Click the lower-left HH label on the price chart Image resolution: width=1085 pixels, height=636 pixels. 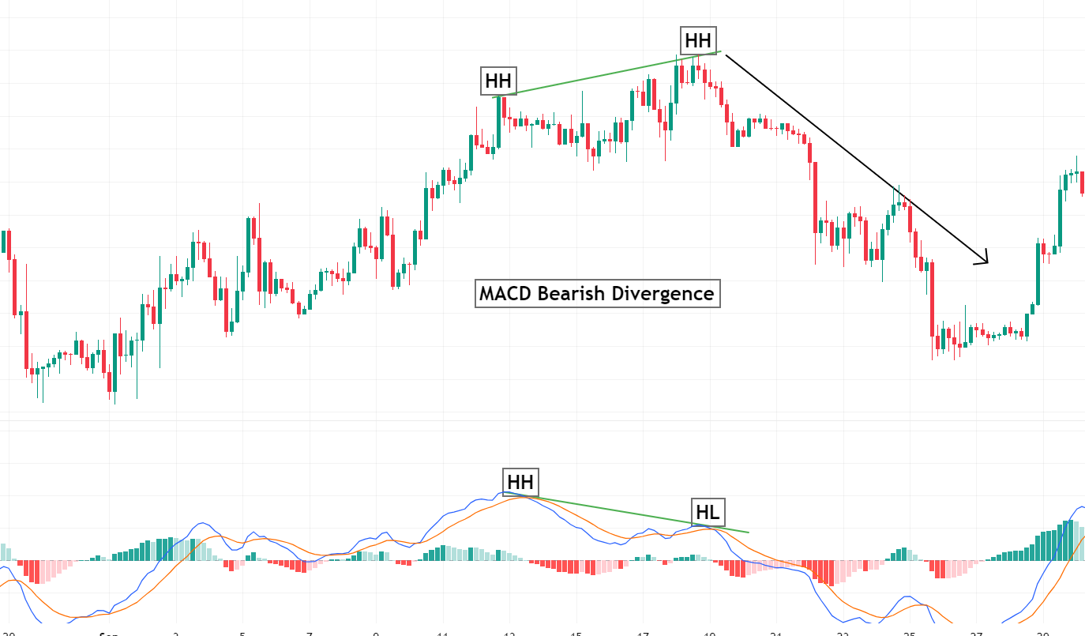pos(498,81)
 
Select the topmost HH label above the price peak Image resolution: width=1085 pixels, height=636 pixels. pos(697,40)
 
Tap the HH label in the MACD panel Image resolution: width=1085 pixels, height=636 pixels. pos(520,481)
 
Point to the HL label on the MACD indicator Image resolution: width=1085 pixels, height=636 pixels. pos(707,512)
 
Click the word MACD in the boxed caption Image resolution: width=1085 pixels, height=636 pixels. pos(505,294)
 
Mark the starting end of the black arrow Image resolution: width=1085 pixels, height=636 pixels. pos(726,55)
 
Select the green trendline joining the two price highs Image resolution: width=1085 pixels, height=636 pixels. pos(608,73)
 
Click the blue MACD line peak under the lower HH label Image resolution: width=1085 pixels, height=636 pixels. pos(505,494)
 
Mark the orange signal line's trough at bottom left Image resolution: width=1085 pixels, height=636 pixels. pos(75,616)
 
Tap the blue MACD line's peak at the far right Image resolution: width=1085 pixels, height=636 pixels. pos(1079,506)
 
